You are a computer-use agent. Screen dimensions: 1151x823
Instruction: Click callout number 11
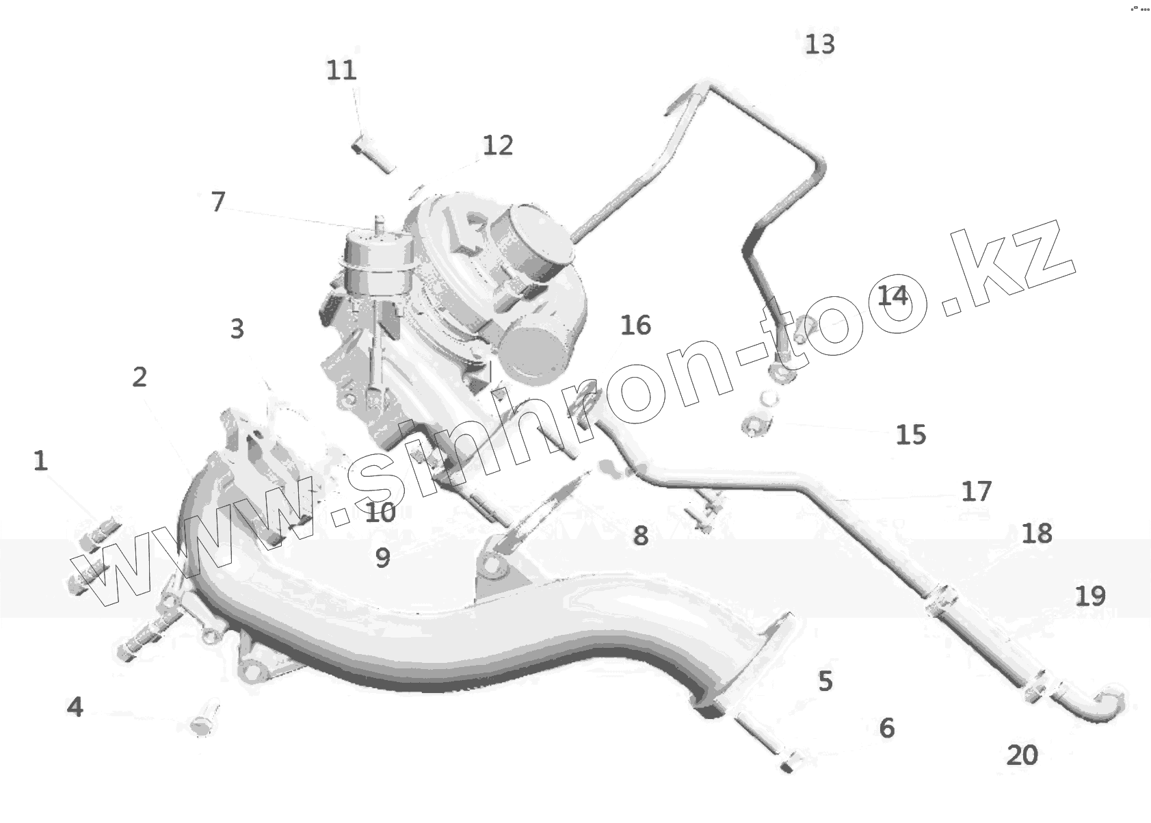click(x=341, y=70)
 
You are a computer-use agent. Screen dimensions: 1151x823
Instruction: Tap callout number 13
click(x=819, y=44)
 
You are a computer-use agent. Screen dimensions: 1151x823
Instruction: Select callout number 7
click(x=217, y=202)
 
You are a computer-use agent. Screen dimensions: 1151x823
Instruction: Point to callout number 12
click(x=497, y=145)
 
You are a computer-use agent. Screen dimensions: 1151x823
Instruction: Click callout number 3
click(x=237, y=329)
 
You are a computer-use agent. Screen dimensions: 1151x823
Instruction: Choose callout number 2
click(x=140, y=376)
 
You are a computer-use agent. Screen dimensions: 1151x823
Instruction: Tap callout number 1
click(x=40, y=460)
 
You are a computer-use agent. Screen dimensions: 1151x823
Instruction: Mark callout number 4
click(x=75, y=707)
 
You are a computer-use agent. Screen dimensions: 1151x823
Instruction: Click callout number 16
click(x=635, y=326)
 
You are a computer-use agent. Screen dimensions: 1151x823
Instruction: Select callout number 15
click(x=910, y=435)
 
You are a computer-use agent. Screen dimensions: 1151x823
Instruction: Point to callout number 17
click(x=976, y=491)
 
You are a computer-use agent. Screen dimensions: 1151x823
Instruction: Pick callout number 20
click(x=1022, y=755)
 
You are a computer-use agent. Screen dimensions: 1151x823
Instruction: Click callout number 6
click(x=886, y=728)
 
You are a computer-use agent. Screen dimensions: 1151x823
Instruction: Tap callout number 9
click(x=382, y=558)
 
